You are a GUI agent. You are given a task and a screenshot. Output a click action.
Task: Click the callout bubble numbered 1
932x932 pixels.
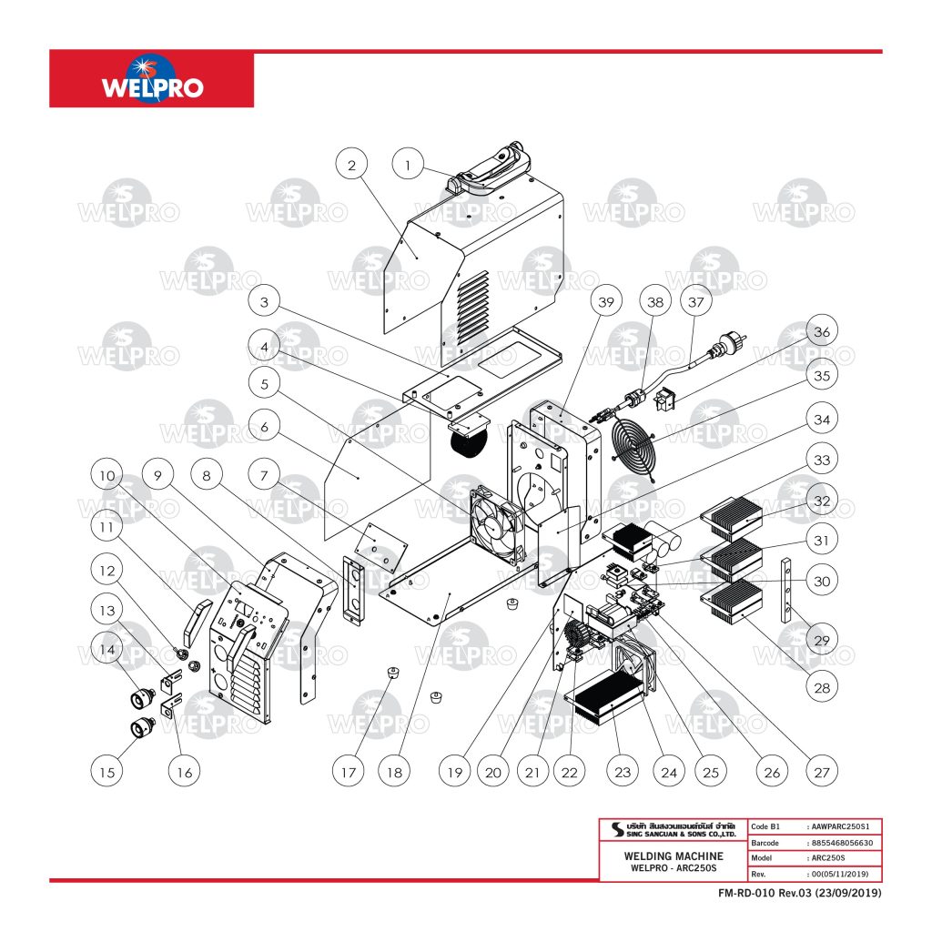pyautogui.click(x=409, y=165)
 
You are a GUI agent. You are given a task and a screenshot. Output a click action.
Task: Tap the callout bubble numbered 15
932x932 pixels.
pyautogui.click(x=108, y=773)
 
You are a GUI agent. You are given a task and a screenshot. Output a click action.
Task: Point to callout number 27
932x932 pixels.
pyautogui.click(x=823, y=773)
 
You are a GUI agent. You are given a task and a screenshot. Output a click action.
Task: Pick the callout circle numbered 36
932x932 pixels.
pyautogui.click(x=821, y=333)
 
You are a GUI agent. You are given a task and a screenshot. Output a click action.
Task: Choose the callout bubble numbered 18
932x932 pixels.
pyautogui.click(x=394, y=773)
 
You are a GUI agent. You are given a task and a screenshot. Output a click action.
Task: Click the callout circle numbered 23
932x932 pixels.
pyautogui.click(x=622, y=773)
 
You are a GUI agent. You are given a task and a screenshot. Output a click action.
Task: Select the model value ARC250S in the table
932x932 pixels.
pyautogui.click(x=826, y=857)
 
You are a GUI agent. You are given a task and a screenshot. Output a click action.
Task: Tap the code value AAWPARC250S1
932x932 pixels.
pyautogui.click(x=844, y=826)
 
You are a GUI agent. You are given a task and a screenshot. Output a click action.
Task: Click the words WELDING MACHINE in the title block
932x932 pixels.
pyautogui.click(x=674, y=856)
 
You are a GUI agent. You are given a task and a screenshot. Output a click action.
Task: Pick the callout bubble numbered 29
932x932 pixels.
pyautogui.click(x=821, y=641)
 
